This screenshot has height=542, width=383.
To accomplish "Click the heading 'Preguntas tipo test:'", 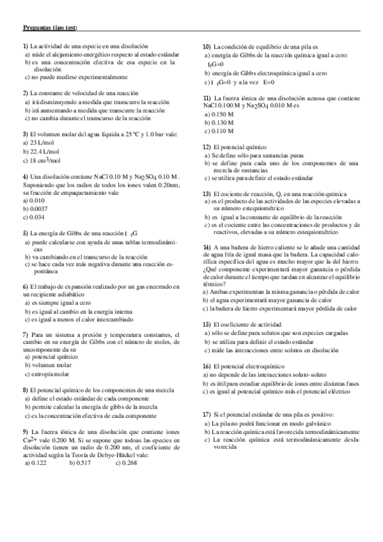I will click(49, 27).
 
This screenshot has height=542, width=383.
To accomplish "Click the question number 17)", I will click(207, 415).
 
